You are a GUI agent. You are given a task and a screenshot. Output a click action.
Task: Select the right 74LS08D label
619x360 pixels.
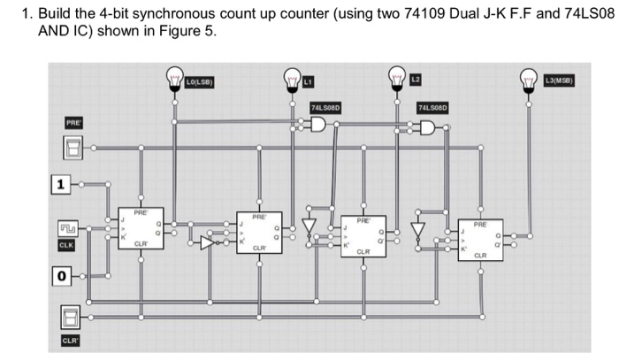pyautogui.click(x=433, y=107)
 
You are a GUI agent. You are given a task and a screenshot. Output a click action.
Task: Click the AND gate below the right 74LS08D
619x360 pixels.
pyautogui.click(x=429, y=129)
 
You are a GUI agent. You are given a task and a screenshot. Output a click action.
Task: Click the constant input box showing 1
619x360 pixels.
pyautogui.click(x=60, y=185)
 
